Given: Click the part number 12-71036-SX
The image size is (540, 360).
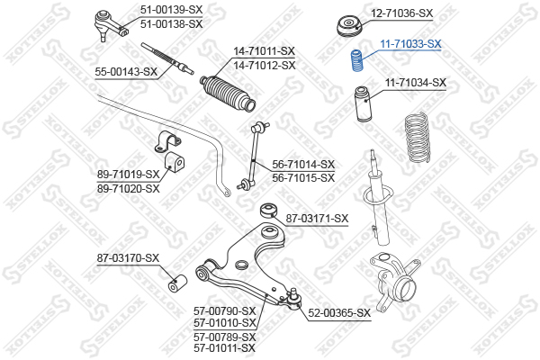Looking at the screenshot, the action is (401, 13).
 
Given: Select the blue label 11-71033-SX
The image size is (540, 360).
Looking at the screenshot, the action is (410, 44).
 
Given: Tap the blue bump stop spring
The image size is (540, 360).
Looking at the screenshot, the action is (356, 61).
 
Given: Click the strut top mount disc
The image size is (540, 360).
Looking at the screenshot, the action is (349, 27).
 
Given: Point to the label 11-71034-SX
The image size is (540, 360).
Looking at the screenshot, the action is (415, 83).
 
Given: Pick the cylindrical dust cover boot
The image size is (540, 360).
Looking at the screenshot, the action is (364, 103).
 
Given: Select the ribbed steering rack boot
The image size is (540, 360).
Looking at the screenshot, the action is (228, 93).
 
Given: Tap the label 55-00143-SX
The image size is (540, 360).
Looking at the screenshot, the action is (126, 72).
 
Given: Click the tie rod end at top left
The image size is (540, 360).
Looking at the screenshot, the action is (110, 25).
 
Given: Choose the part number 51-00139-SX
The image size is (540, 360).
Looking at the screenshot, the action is (171, 10).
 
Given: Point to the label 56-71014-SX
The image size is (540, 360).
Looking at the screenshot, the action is (303, 165).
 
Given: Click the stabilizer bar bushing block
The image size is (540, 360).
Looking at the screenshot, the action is (175, 162).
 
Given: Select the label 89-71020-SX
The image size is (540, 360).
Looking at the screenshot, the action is (129, 189).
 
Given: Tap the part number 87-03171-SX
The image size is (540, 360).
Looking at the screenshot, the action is (317, 219).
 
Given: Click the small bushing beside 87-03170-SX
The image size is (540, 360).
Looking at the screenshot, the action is (177, 283).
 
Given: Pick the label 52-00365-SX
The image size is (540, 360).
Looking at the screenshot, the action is (339, 313).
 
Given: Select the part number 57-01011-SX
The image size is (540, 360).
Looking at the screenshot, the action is (224, 348).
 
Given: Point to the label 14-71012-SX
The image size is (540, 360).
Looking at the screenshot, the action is (265, 65).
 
